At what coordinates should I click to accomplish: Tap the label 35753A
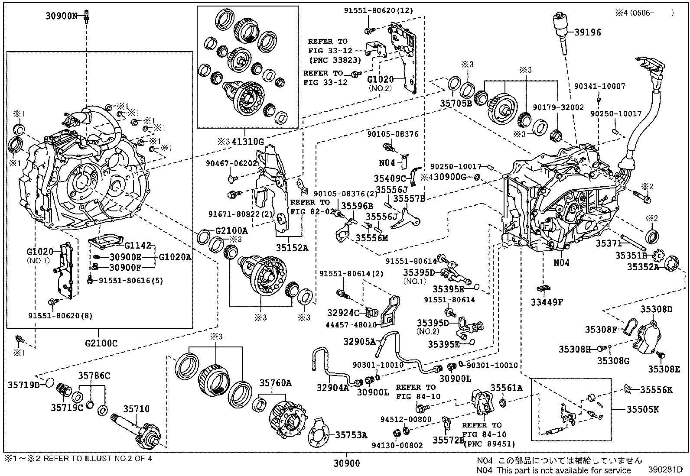coord(351,435)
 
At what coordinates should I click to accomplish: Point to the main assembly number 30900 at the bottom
coord(347,463)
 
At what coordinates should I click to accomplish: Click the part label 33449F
coord(547,302)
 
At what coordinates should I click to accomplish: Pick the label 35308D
coord(656,309)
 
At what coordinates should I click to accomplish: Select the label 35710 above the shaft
coord(136,408)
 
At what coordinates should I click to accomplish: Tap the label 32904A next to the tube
coord(332,388)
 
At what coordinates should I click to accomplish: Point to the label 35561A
coord(506,387)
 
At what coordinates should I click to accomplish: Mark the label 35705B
coord(456,104)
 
